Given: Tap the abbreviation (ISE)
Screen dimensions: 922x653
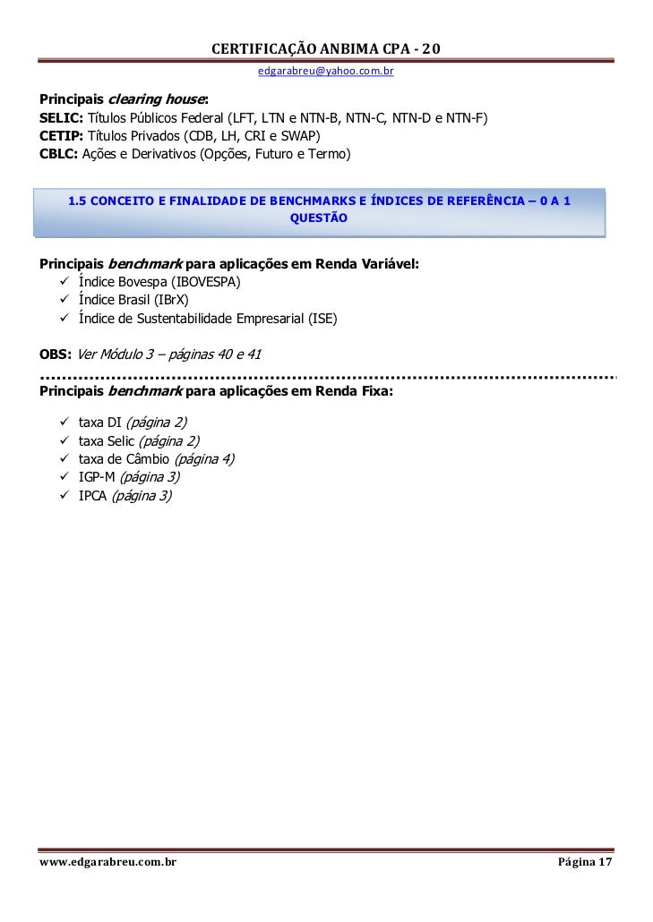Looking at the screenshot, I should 322,318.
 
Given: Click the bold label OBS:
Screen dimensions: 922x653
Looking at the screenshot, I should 56,354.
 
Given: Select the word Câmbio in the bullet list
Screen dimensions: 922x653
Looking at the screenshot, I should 147,459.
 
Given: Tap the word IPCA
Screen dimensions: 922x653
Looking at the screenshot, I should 92,495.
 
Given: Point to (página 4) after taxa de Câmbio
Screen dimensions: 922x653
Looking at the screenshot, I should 204,459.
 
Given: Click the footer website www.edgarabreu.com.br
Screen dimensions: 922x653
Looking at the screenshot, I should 107,862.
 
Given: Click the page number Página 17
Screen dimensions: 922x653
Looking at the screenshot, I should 585,862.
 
